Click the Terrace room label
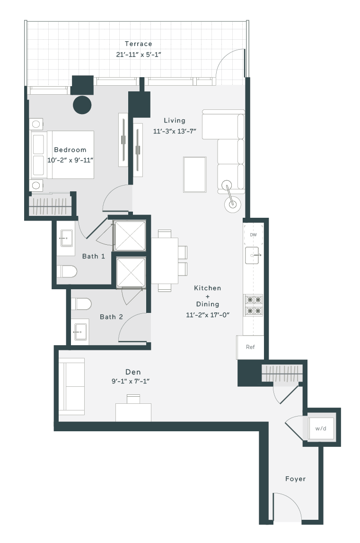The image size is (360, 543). point(139,44)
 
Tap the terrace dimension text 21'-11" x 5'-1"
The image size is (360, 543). point(139,54)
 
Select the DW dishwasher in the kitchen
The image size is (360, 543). point(254,235)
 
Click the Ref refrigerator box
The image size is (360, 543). point(250,347)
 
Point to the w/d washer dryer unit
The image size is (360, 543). point(321,428)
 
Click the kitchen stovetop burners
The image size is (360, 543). point(254,305)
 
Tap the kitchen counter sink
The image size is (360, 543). point(253,255)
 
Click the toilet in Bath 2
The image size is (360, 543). point(81,304)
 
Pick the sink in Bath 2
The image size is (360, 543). point(80,332)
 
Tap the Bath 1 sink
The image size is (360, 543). point(66,239)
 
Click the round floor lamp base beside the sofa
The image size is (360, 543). point(233,205)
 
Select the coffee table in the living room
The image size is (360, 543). point(195,175)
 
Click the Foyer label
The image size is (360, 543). point(295,479)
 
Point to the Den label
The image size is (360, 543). point(133,372)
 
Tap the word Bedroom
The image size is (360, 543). point(70,150)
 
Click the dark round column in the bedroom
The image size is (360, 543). point(82,105)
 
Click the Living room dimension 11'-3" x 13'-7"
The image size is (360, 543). point(175,131)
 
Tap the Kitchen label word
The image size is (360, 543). point(207,288)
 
